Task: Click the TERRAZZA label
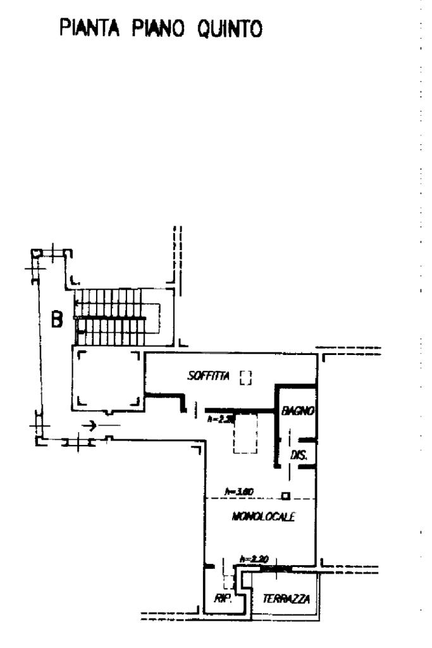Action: click(287, 598)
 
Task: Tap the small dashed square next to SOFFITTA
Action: click(246, 378)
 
